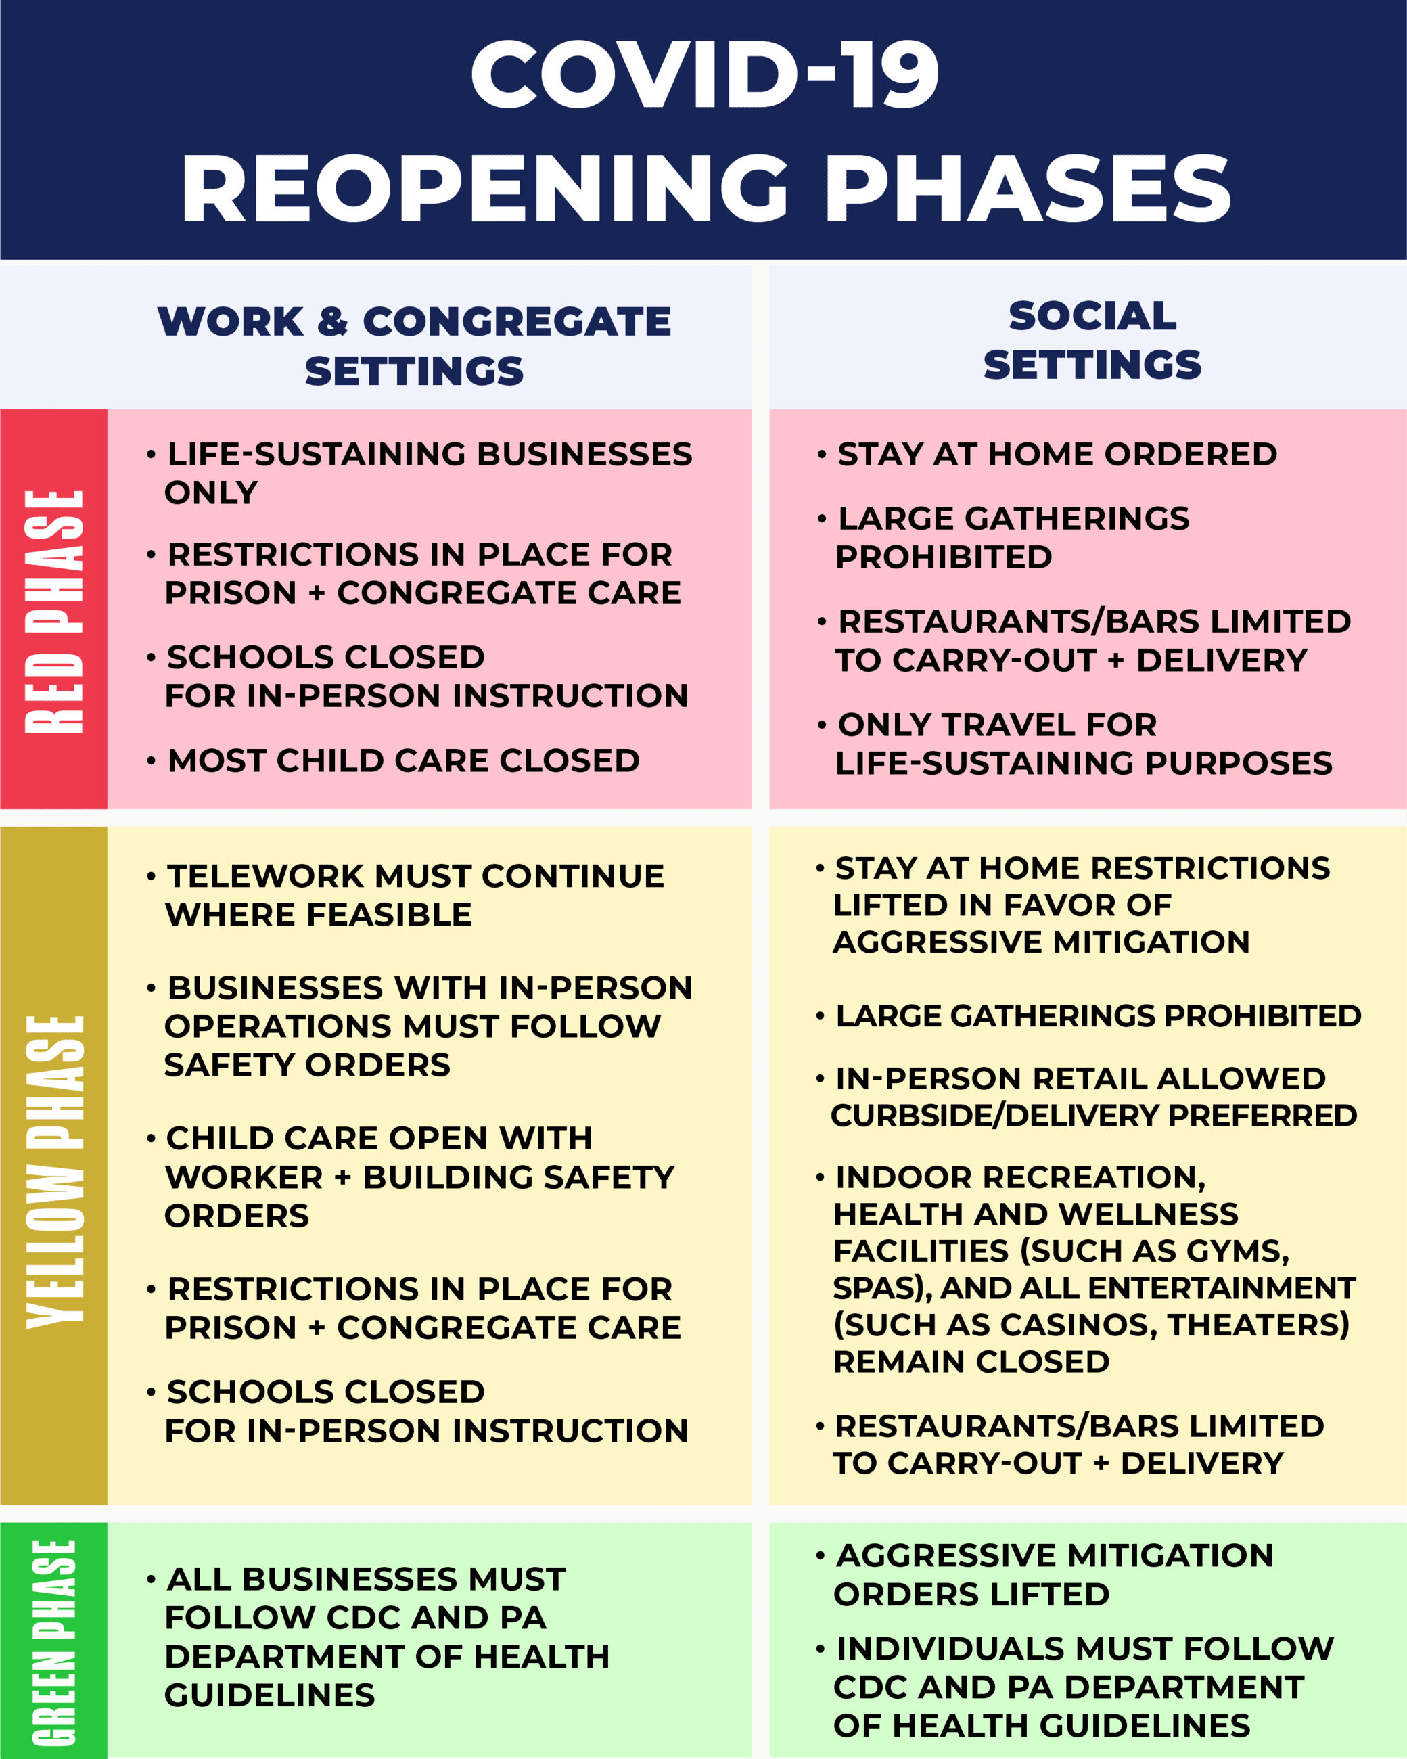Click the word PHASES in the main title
coord(1028,189)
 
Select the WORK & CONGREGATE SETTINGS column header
coord(415,345)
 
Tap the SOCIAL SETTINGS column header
coord(1092,340)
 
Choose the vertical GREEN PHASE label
coord(54,1641)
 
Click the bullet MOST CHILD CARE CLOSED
coord(403,760)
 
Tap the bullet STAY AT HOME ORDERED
coord(1057,455)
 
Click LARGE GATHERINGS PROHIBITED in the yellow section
coord(1098,1015)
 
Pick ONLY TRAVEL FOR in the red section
coord(996,725)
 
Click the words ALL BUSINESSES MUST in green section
coord(365,1578)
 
